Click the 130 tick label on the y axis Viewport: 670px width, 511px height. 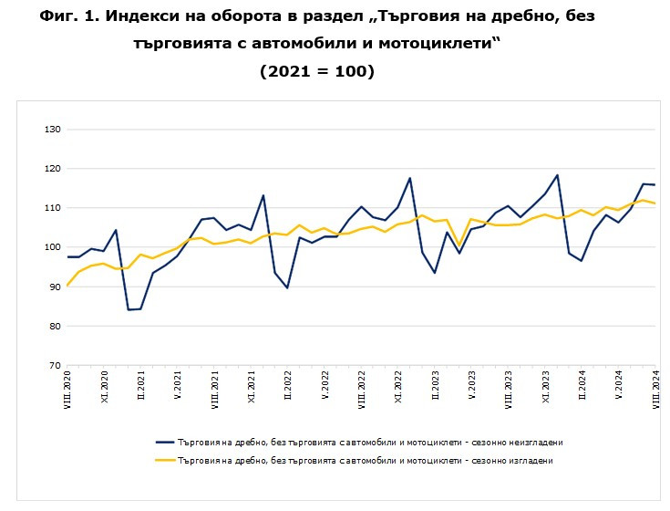52,130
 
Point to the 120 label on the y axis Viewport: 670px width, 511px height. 52,169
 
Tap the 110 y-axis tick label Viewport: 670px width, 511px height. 52,208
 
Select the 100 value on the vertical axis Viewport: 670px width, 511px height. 52,247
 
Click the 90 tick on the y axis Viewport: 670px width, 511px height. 54,287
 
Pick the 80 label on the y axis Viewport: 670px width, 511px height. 54,326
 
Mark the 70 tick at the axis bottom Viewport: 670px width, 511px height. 54,365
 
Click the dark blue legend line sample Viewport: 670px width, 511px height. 166,442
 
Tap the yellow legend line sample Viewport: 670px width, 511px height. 166,461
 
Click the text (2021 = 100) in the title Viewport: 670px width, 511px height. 317,70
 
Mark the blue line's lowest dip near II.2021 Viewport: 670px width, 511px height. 129,309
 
